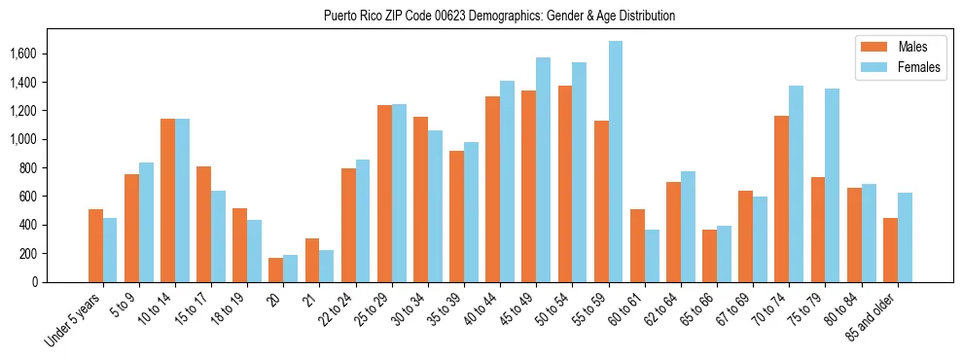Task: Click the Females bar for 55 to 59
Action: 616,162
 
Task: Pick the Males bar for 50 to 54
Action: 565,184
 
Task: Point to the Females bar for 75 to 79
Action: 833,185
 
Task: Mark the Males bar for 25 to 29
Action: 384,194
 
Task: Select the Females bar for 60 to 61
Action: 652,256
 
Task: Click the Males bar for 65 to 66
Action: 709,256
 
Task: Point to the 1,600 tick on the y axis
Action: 37,54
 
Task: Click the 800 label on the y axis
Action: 42,168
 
